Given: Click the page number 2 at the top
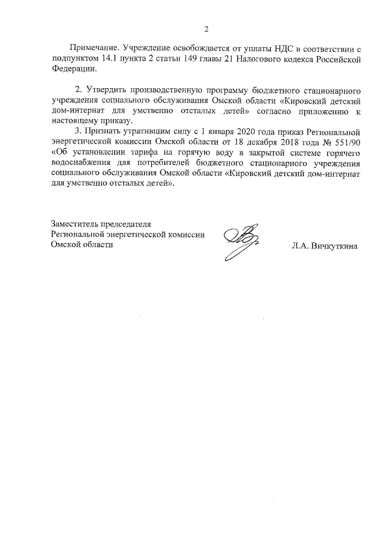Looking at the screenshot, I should coord(207,29).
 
